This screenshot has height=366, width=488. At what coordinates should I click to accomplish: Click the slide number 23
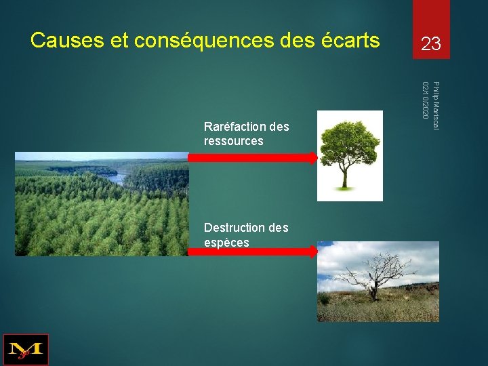tap(430, 45)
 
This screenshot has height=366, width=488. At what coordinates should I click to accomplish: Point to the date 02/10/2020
tap(425, 100)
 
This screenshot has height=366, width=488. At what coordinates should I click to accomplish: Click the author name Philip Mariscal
tap(436, 106)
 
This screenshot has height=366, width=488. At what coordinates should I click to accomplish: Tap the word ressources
tap(233, 141)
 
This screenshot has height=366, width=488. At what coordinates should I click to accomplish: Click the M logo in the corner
tap(26, 350)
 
